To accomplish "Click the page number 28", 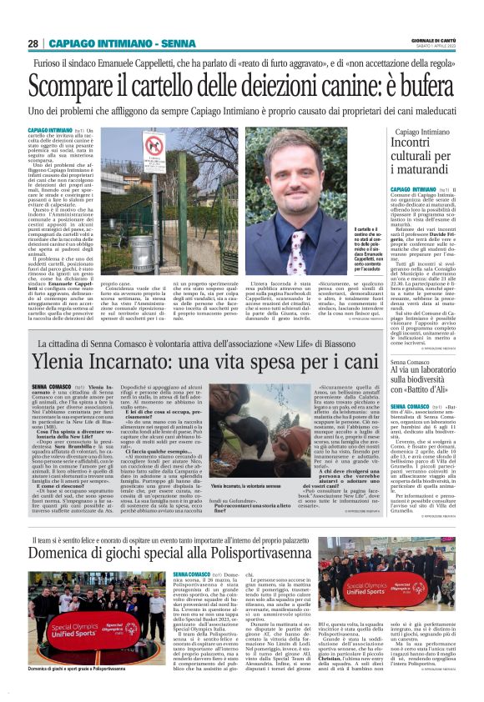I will point(33,43).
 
